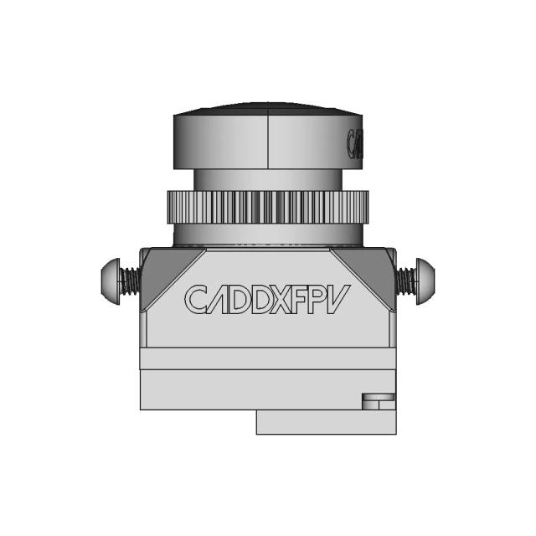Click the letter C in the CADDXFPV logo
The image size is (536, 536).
click(197, 299)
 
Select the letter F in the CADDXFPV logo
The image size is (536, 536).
click(304, 299)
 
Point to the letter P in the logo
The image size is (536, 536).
click(322, 299)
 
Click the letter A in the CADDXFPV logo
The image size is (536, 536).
click(218, 299)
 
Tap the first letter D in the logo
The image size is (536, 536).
click(239, 299)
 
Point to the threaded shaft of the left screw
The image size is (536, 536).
click(130, 280)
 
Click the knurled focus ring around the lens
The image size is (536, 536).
click(267, 207)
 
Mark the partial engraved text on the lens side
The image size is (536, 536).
click(355, 144)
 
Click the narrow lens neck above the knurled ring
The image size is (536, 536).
click(267, 179)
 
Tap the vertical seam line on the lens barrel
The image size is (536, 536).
click(267, 141)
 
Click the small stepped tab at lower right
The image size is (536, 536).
click(378, 401)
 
